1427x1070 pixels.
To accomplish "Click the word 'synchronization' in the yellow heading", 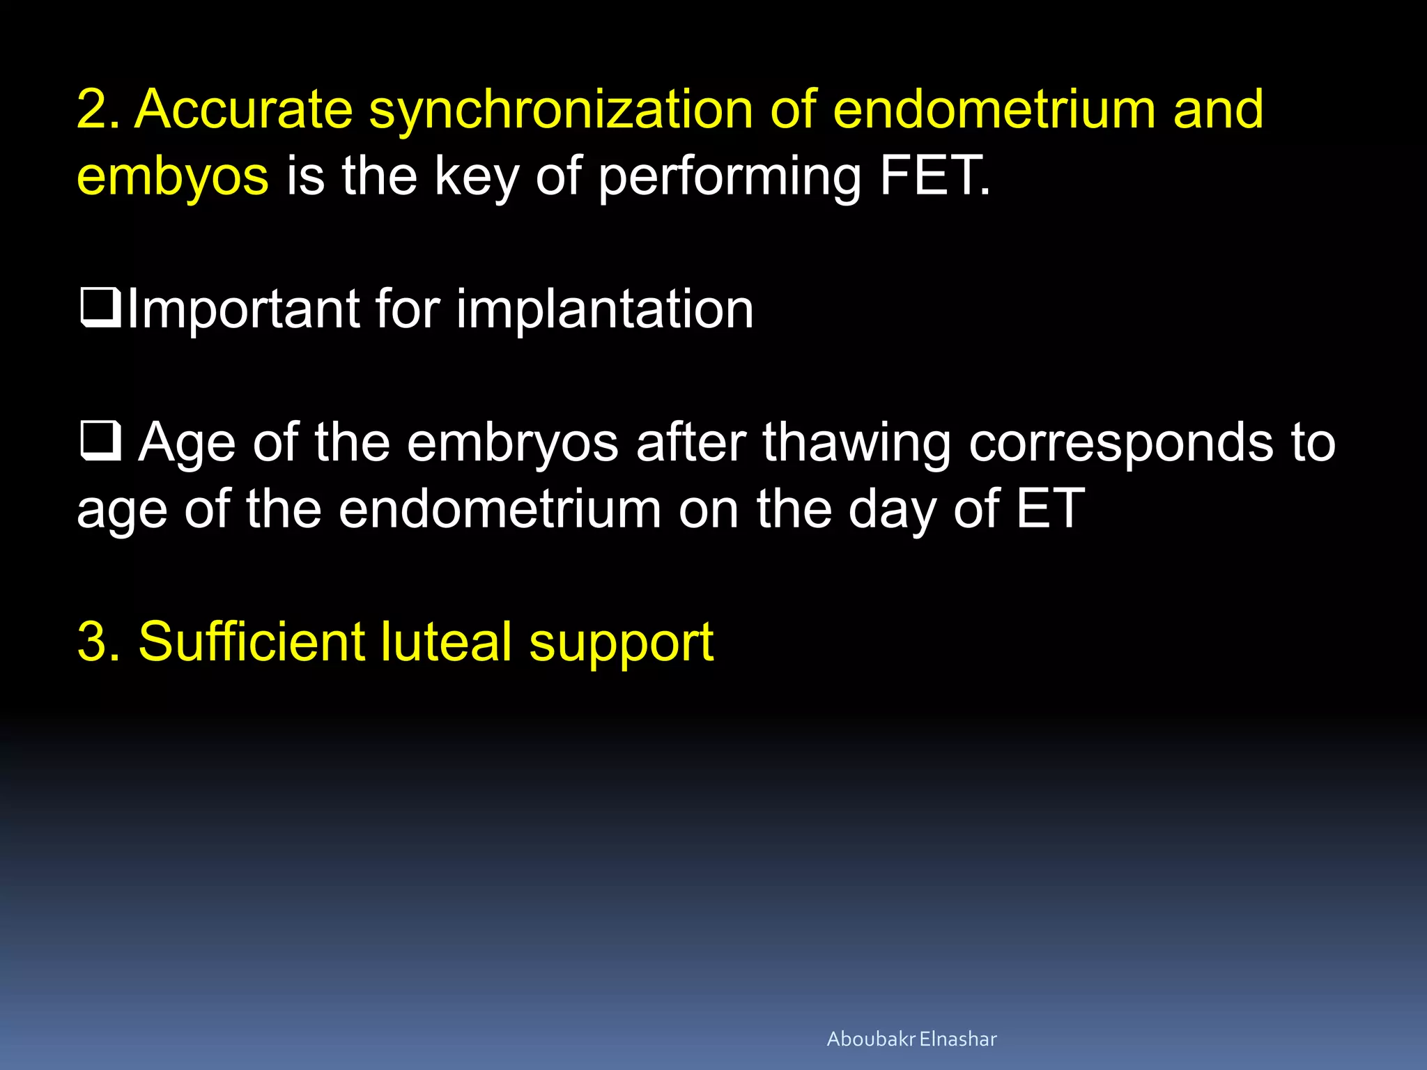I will click(560, 110).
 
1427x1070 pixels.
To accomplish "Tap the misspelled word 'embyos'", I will click(172, 176).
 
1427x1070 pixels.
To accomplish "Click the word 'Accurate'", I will click(244, 110).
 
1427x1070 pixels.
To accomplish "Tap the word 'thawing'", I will click(856, 444).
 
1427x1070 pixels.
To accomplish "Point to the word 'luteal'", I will click(446, 642).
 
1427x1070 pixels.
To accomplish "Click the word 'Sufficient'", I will click(251, 642).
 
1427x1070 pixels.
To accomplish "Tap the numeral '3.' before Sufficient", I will click(99, 642).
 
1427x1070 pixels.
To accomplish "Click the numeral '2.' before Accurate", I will click(99, 110).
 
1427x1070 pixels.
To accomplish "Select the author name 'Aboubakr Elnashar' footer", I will click(911, 1039).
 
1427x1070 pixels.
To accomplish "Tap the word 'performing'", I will click(730, 178).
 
